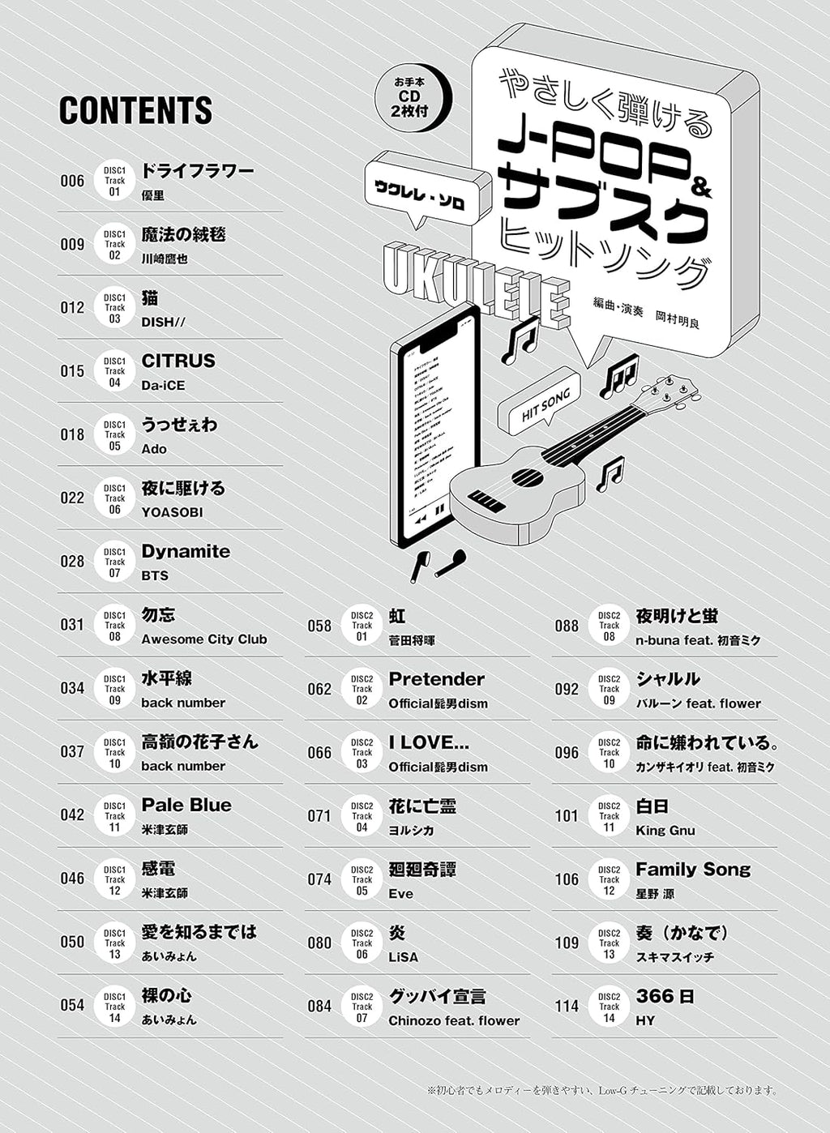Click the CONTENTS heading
tap(135, 111)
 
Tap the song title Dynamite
tap(186, 551)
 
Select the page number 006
tap(72, 181)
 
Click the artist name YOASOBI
tap(172, 512)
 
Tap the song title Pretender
tap(436, 679)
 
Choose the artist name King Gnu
tap(665, 831)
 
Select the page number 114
tap(567, 1006)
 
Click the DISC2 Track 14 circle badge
tap(609, 1007)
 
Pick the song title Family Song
tap(693, 870)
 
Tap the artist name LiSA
tap(403, 957)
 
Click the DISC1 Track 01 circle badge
tap(114, 181)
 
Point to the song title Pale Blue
tap(186, 805)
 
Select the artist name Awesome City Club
tap(203, 639)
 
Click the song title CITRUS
tap(178, 361)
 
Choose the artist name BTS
tap(155, 575)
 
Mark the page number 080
tap(319, 943)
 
